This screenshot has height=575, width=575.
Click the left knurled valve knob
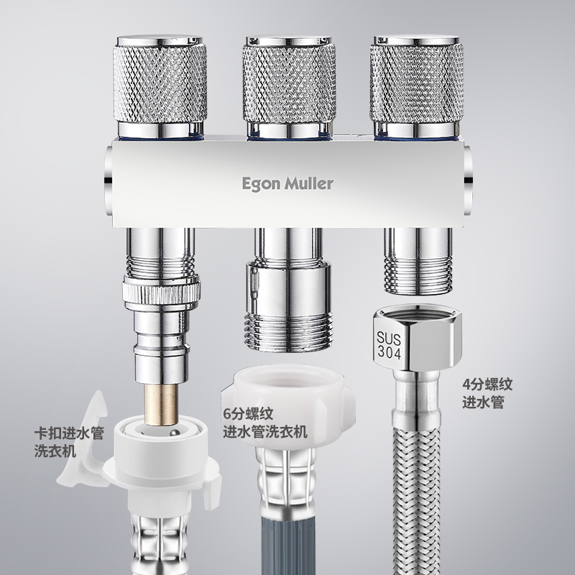(160, 83)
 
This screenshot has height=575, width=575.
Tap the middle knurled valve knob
(289, 83)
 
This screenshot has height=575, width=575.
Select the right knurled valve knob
(417, 83)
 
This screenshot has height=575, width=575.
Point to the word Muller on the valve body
(310, 183)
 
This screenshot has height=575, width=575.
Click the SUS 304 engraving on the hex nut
(389, 345)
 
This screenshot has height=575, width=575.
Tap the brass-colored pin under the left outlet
(161, 404)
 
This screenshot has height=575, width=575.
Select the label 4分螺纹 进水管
(487, 393)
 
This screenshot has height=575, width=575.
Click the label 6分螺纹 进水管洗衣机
(265, 423)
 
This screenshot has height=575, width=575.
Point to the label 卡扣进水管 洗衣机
(69, 442)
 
